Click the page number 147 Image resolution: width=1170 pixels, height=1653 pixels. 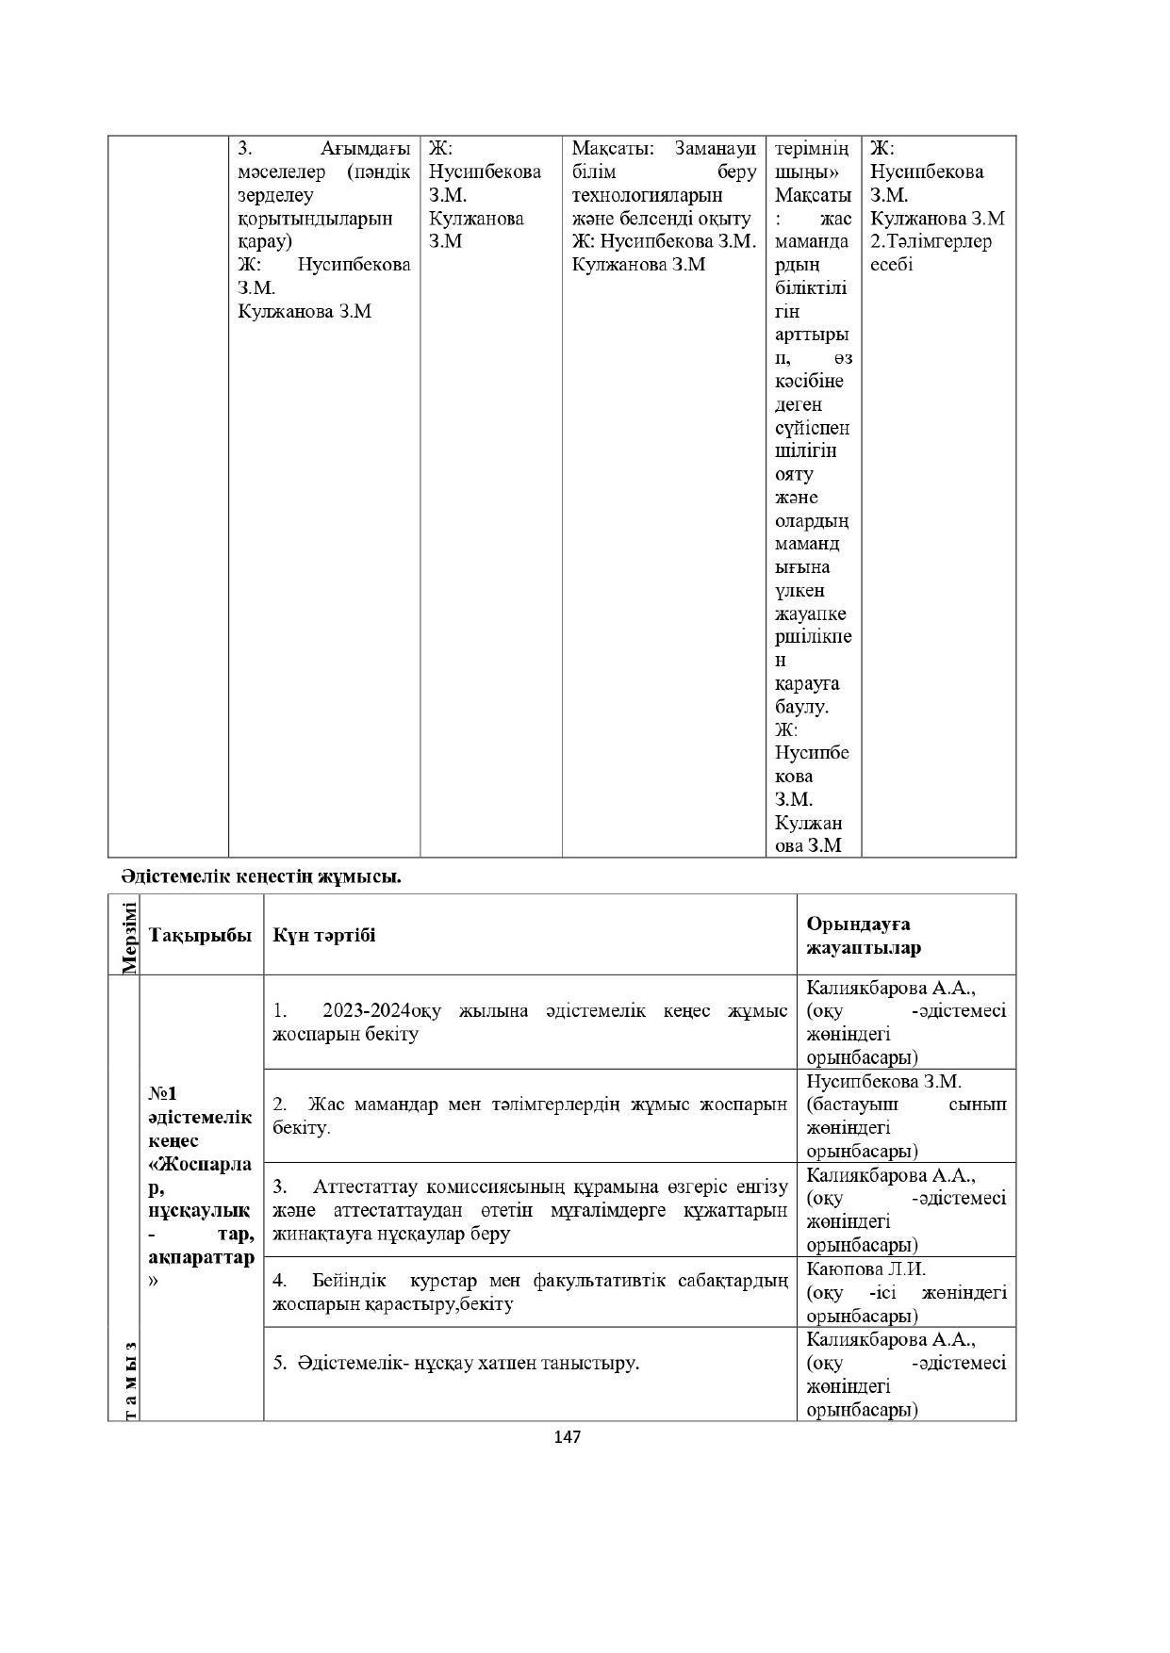tap(567, 1437)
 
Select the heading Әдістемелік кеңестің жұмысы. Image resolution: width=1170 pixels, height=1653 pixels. tap(260, 876)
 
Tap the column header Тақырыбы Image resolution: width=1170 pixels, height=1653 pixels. tap(200, 935)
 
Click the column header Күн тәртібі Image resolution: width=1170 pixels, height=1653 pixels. tap(323, 935)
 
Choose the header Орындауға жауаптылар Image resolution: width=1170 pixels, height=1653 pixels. tap(863, 936)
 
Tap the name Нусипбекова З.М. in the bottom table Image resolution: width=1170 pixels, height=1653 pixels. tap(883, 1082)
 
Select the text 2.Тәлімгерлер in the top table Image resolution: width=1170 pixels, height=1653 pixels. tap(931, 241)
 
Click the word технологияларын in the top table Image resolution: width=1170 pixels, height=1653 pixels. tap(647, 195)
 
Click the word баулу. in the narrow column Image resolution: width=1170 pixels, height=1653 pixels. tap(801, 707)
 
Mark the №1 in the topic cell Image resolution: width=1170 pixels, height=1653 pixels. tap(162, 1093)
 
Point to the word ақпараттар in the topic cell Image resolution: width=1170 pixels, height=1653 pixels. tap(201, 1258)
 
